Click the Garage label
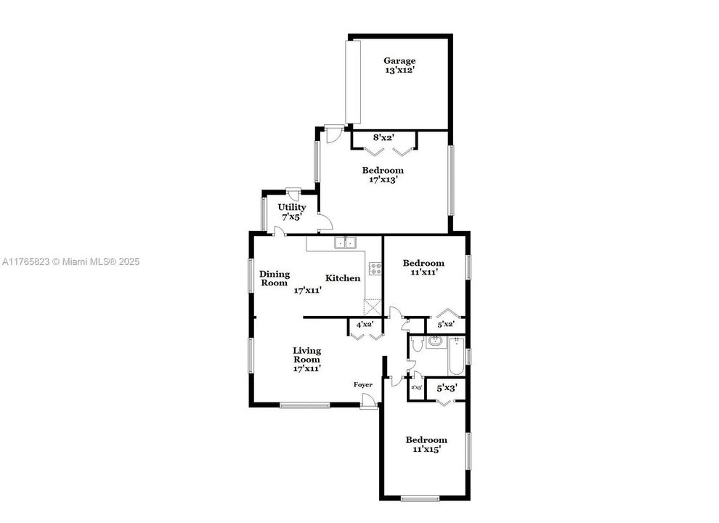[399, 61]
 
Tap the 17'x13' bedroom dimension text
[383, 179]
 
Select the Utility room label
[291, 207]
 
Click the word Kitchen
[342, 278]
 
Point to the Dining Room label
[275, 278]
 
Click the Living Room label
[306, 354]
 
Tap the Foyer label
[363, 384]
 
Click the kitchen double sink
[345, 243]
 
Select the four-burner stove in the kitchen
[375, 268]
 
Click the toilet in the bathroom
[416, 344]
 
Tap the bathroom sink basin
[436, 341]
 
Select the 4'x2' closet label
[365, 324]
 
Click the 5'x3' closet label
[446, 388]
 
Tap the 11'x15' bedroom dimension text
[426, 449]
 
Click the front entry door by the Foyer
[369, 401]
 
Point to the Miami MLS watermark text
[70, 261]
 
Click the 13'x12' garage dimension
[399, 70]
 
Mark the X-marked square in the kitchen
[372, 307]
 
